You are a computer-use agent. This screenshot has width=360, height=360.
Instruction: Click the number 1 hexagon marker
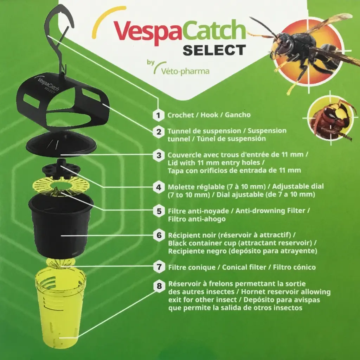[159, 115]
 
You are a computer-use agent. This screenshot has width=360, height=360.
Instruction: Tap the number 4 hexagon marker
[159, 187]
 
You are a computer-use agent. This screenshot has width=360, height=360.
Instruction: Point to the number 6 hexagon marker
[159, 234]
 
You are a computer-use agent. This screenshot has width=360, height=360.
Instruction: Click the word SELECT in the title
[214, 50]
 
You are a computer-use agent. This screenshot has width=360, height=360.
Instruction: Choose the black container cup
[60, 225]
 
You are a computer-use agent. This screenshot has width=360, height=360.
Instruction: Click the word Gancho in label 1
[238, 115]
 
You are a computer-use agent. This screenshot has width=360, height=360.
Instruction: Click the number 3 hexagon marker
[159, 155]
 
